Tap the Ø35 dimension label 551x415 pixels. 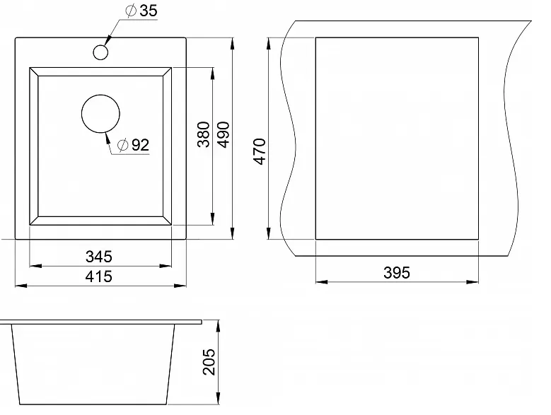tap(141, 11)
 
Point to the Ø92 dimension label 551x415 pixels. tap(133, 145)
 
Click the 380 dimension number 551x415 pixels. tap(204, 134)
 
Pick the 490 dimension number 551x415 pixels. tap(224, 134)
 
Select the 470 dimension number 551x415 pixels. tap(260, 151)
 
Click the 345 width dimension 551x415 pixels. tap(99, 257)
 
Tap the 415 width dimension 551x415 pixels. tap(99, 276)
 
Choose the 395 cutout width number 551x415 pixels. tap(397, 273)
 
